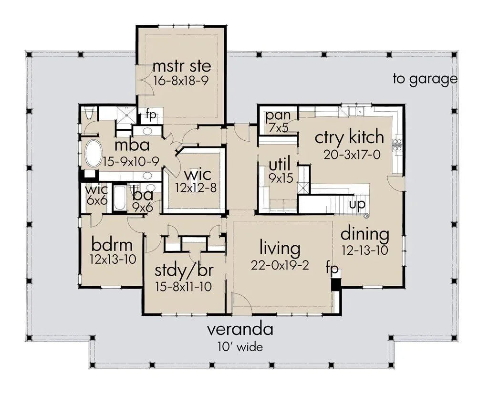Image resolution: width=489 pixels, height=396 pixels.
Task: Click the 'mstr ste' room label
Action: click(181, 65)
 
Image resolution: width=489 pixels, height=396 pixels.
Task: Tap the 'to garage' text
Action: click(425, 79)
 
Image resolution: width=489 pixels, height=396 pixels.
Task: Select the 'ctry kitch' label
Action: click(349, 137)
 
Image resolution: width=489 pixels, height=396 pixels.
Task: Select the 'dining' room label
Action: click(365, 234)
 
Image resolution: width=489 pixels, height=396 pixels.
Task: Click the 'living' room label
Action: click(280, 248)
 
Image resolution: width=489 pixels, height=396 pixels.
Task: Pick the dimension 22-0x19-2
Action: click(280, 265)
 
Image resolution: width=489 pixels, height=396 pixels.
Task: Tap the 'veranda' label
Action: click(240, 329)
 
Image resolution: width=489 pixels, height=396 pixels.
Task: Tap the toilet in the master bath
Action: click(89, 114)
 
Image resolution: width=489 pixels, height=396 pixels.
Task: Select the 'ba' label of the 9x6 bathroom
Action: click(142, 196)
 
